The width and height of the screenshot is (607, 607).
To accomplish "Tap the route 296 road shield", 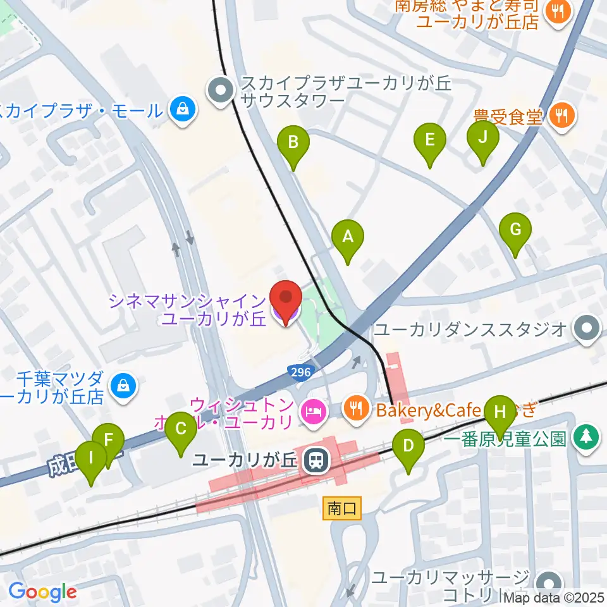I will click(x=300, y=372).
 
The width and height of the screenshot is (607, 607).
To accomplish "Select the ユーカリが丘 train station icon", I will click(x=314, y=460).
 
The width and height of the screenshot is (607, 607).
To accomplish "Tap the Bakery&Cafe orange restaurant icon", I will click(x=357, y=409).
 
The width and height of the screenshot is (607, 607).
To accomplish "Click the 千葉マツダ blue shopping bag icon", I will click(x=119, y=384).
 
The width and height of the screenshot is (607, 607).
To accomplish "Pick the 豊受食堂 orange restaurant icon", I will click(x=561, y=115).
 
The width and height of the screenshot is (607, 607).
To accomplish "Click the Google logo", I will click(x=42, y=592).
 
